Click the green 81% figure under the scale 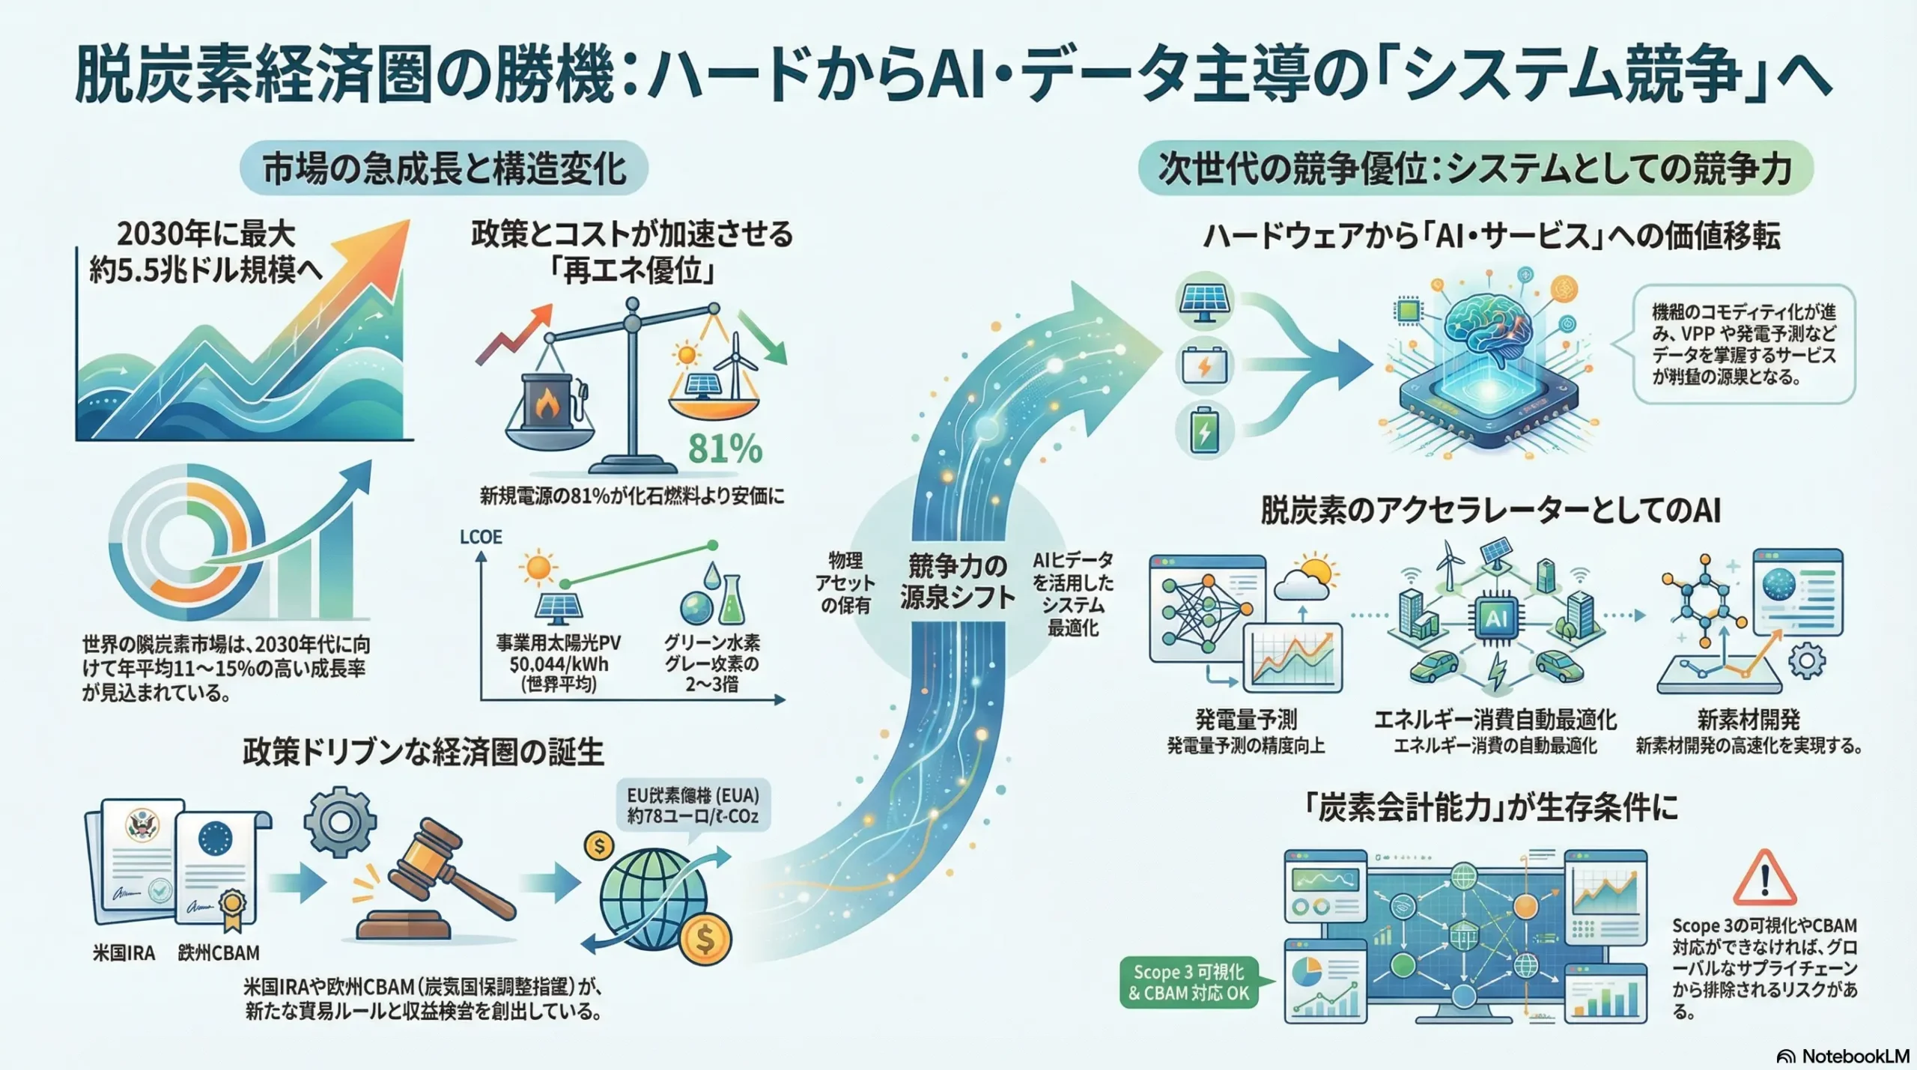724,449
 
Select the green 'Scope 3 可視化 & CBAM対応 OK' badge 1188,982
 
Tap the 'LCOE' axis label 481,537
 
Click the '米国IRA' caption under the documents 124,953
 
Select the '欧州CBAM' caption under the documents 219,953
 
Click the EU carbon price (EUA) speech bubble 693,805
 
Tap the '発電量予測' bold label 1245,720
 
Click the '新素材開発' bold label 1748,720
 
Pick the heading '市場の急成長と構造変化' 444,168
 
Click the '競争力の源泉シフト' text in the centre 957,581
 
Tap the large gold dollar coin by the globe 705,938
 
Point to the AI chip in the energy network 1495,618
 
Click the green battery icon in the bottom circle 1204,431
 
